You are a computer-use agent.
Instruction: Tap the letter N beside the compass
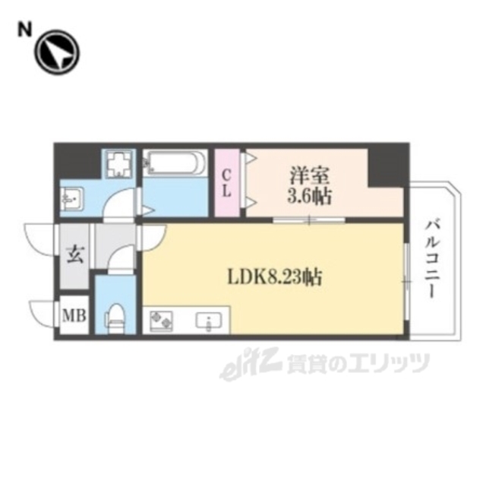click(25, 30)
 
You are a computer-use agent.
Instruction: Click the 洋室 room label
click(309, 174)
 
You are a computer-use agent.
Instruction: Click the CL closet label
click(226, 183)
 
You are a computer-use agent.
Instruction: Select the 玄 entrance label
click(75, 254)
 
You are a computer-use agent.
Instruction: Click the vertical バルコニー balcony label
click(432, 259)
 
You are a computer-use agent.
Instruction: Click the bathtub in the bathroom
click(175, 163)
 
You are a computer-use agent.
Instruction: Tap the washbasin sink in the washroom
click(73, 200)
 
